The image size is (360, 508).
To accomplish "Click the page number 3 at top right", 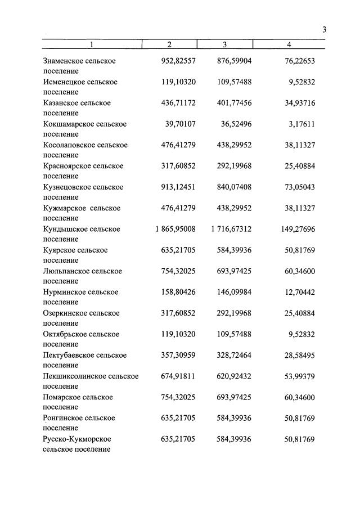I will pyautogui.click(x=325, y=30).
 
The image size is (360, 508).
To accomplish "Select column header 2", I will pyautogui.click(x=169, y=44).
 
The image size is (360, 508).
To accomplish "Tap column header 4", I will pyautogui.click(x=289, y=44).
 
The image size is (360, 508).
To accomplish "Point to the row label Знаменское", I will pyautogui.click(x=64, y=61).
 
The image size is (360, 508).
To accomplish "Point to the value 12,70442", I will pyautogui.click(x=298, y=292).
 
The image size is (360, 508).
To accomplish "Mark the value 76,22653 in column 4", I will pyautogui.click(x=298, y=61).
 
